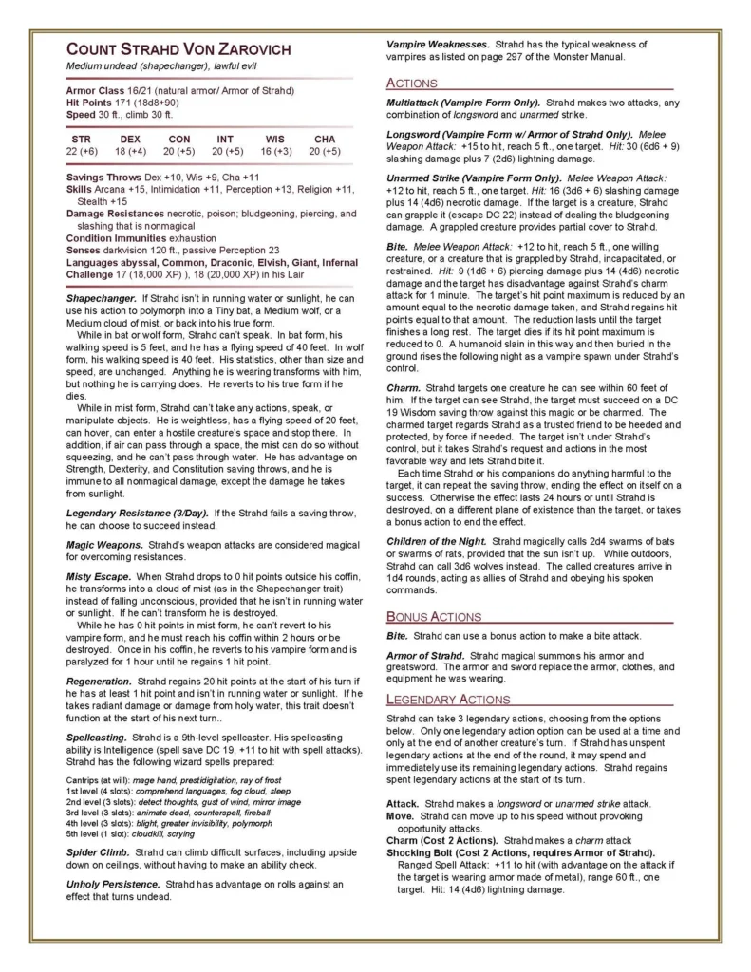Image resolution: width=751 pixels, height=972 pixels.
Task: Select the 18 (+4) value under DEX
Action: pyautogui.click(x=130, y=151)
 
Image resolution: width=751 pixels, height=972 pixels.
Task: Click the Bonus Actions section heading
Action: pyautogui.click(x=434, y=616)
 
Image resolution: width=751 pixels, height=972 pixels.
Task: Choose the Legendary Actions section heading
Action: pyautogui.click(x=447, y=700)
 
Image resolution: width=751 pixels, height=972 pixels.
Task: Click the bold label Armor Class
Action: pyautogui.click(x=97, y=90)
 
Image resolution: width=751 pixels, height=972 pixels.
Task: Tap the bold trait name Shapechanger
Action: pyautogui.click(x=102, y=299)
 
